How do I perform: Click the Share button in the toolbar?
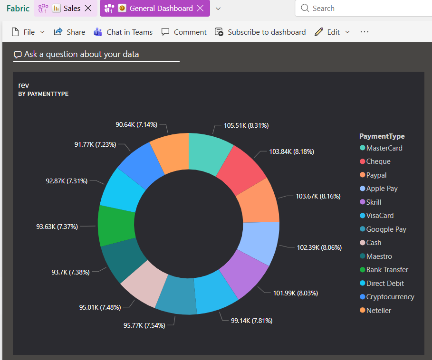69,32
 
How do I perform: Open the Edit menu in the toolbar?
332,32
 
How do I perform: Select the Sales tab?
71,8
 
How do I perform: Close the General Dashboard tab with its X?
201,8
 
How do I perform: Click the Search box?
361,9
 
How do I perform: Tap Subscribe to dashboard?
260,32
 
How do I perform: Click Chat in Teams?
123,32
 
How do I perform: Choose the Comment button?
184,32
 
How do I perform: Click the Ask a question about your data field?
96,54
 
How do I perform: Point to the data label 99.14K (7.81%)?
251,321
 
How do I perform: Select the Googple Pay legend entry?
386,229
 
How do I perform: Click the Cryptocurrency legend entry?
390,297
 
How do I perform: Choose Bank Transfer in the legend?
387,270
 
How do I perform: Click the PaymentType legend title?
382,136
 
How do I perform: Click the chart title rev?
24,85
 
